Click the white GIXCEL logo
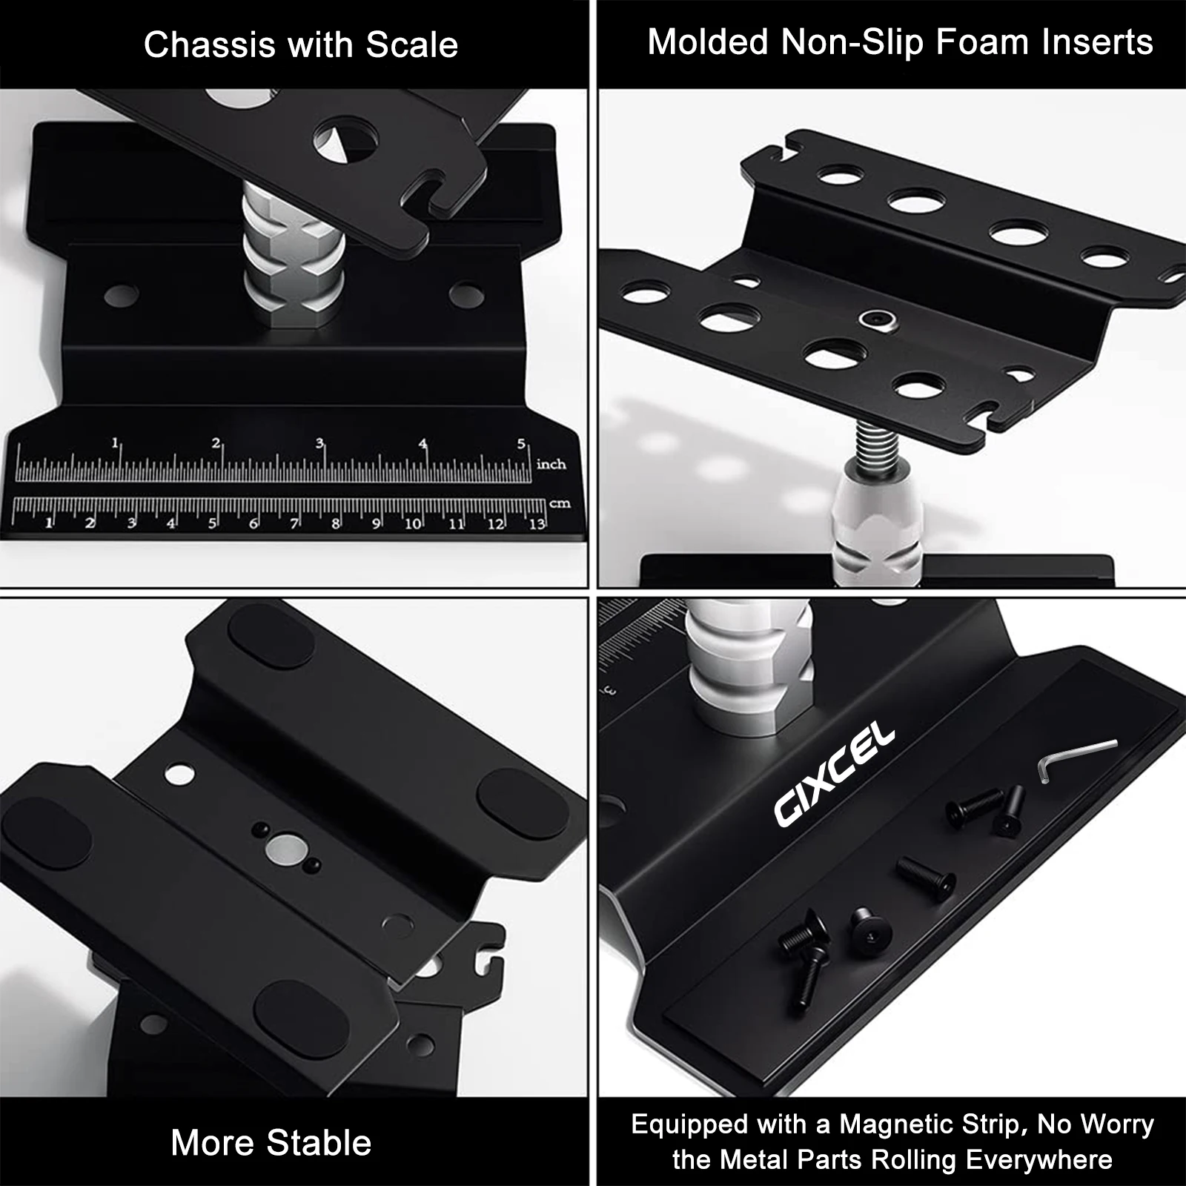tap(835, 776)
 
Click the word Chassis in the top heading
tap(210, 45)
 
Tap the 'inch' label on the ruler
tap(551, 465)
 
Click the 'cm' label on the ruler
tap(560, 503)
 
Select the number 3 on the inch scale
tap(319, 443)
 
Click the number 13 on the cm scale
tap(536, 524)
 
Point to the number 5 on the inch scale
tap(522, 444)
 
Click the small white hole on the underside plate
tap(180, 775)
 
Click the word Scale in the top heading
tap(412, 45)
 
